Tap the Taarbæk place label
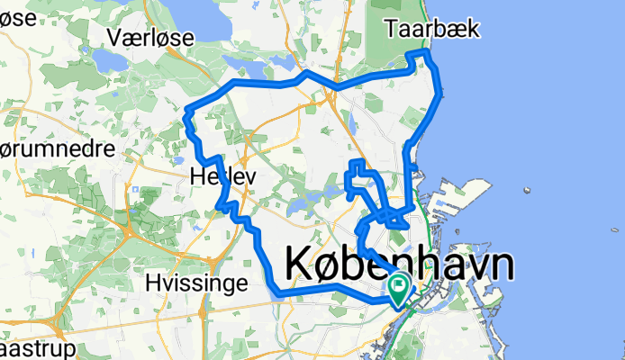pyautogui.click(x=432, y=28)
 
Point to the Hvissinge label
pyautogui.click(x=196, y=284)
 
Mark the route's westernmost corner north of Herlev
pyautogui.click(x=187, y=114)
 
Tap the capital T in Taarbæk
pyautogui.click(x=391, y=28)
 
